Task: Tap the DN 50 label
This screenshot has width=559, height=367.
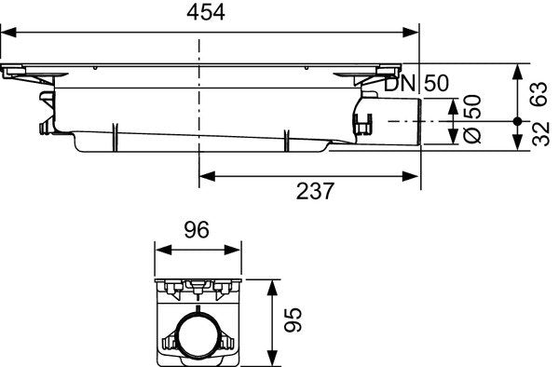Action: (423, 83)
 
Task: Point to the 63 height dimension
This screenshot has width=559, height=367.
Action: (538, 93)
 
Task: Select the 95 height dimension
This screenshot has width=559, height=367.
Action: (292, 321)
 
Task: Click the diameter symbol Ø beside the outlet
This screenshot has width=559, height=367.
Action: (472, 135)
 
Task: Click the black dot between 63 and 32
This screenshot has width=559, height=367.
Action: (517, 121)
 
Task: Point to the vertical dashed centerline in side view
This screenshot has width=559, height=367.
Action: (199, 102)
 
